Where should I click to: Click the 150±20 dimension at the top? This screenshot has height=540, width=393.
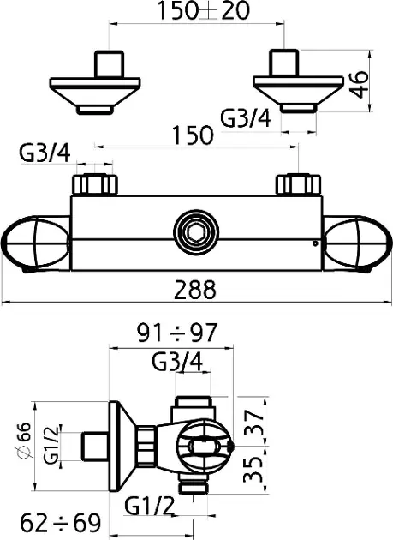pyautogui.click(x=204, y=10)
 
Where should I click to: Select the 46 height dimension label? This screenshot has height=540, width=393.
pyautogui.click(x=359, y=85)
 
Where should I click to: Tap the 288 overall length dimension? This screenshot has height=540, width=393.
pyautogui.click(x=195, y=290)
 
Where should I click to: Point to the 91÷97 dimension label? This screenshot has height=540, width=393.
pyautogui.click(x=177, y=333)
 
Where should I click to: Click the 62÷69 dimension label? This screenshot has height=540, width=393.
pyautogui.click(x=60, y=523)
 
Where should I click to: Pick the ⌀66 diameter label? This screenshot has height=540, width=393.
pyautogui.click(x=24, y=441)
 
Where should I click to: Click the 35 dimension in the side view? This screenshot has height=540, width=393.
pyautogui.click(x=253, y=470)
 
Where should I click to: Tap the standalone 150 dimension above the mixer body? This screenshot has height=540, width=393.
pyautogui.click(x=193, y=135)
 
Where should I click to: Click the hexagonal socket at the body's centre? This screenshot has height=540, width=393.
pyautogui.click(x=196, y=232)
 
